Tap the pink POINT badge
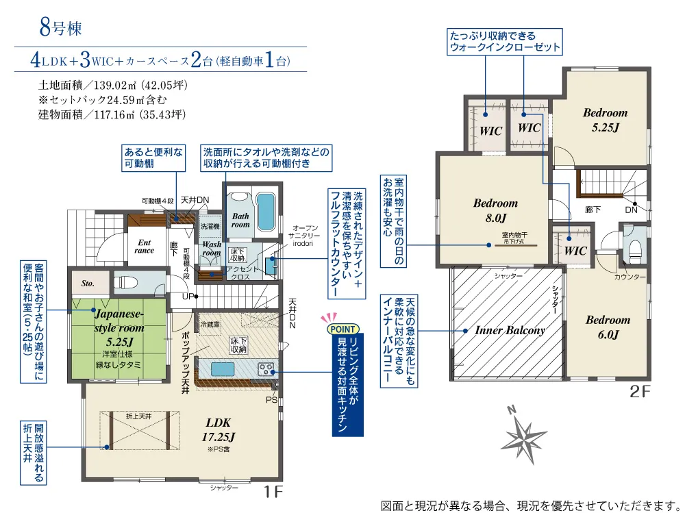[340, 328]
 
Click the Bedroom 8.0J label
[495, 210]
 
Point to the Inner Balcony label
[510, 330]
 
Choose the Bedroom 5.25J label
[605, 119]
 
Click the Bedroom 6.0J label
[608, 327]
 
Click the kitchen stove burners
[265, 369]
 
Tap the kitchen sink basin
[223, 369]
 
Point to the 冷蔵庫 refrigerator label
[210, 323]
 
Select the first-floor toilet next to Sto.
[123, 281]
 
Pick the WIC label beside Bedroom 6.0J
[575, 251]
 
